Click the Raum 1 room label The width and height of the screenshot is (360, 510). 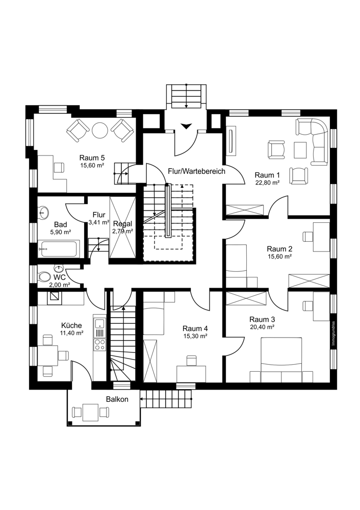pos(267,174)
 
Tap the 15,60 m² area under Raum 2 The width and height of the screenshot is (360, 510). pos(279,257)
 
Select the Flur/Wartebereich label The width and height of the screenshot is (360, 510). pos(196,171)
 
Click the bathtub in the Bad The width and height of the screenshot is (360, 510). pos(58,249)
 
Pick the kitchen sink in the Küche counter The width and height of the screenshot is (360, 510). pos(100,322)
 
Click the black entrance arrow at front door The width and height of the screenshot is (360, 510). pos(186,125)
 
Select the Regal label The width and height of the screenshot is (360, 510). pos(122,224)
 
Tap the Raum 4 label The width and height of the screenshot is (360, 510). pos(195,328)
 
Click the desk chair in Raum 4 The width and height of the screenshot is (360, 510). pos(192,361)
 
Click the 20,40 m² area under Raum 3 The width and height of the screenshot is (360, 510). pos(262,327)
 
